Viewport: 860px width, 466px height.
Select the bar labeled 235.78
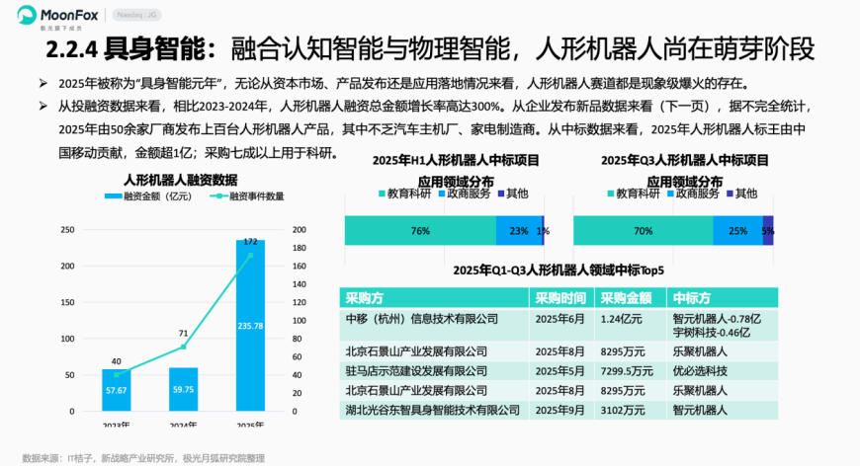point(250,326)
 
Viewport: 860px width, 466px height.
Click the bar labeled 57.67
point(116,391)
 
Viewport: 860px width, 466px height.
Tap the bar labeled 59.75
point(183,390)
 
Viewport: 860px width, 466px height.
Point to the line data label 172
point(250,241)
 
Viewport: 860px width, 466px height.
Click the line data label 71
point(183,334)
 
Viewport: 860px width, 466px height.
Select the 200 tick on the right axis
point(300,230)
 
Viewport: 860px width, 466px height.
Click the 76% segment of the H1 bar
point(420,231)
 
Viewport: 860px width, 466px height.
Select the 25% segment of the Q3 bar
point(737,231)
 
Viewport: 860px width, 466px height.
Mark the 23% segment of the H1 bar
point(519,231)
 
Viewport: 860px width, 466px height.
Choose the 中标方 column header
point(691,298)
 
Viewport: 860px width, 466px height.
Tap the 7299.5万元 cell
point(628,371)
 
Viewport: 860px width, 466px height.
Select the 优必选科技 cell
point(700,371)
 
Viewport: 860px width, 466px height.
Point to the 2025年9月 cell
point(560,409)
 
